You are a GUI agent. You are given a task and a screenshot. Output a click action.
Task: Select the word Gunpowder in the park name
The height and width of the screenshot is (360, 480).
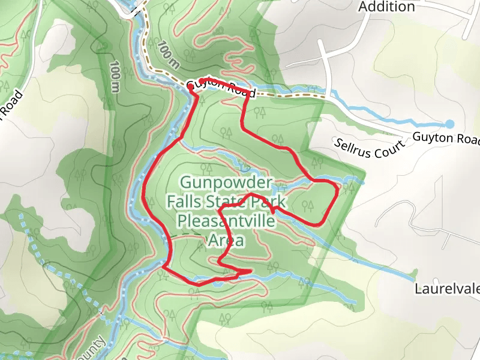point(226,182)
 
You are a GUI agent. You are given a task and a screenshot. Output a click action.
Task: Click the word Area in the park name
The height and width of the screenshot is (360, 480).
point(226,241)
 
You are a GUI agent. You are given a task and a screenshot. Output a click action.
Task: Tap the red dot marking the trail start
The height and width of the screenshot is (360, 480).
point(191,87)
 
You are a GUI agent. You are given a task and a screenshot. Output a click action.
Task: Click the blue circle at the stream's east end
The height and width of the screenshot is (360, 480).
point(449,124)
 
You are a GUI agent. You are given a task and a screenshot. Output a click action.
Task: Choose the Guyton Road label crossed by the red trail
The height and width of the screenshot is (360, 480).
point(221,89)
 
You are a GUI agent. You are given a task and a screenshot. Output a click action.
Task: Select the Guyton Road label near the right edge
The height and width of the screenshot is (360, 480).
point(446,138)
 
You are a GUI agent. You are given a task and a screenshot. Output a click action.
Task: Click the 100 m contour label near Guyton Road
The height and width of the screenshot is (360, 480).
point(168,53)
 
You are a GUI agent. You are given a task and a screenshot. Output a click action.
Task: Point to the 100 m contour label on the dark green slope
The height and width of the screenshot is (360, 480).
point(115,77)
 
